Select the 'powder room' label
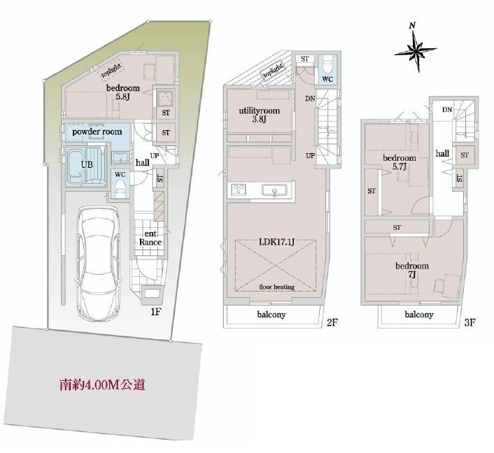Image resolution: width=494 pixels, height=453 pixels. pos(97,131)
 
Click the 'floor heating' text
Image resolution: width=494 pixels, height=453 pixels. pos(276,287)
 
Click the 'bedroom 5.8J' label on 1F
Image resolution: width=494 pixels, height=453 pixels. pos(122,93)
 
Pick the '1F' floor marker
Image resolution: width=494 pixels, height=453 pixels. pos(156,312)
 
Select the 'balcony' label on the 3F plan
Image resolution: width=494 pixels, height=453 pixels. pos(418,315)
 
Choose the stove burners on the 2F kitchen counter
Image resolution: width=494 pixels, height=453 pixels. pos(238,190)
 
